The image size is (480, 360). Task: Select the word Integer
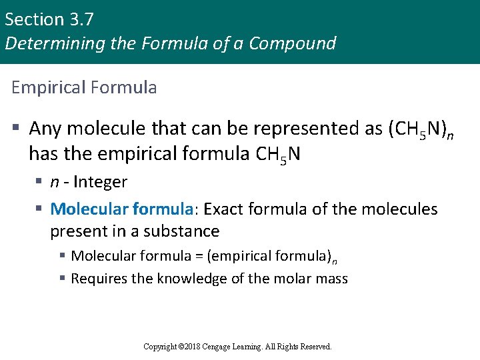coord(101,182)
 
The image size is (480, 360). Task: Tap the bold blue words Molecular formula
coord(121,209)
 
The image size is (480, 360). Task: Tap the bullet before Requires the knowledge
coord(62,279)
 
